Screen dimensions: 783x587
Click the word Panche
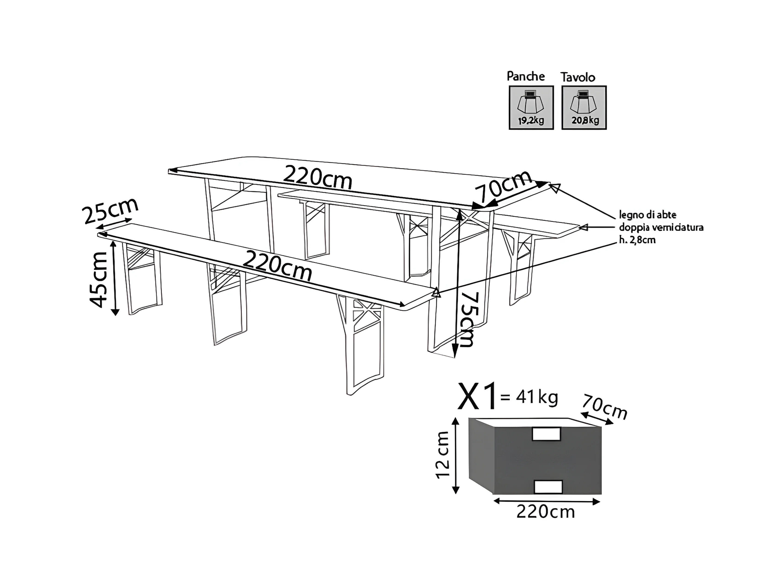click(x=526, y=76)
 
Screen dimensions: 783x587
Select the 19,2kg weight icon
click(x=531, y=108)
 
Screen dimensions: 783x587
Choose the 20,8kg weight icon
click(x=584, y=108)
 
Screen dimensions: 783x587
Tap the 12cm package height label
click(x=443, y=455)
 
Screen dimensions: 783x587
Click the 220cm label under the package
click(x=545, y=512)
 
